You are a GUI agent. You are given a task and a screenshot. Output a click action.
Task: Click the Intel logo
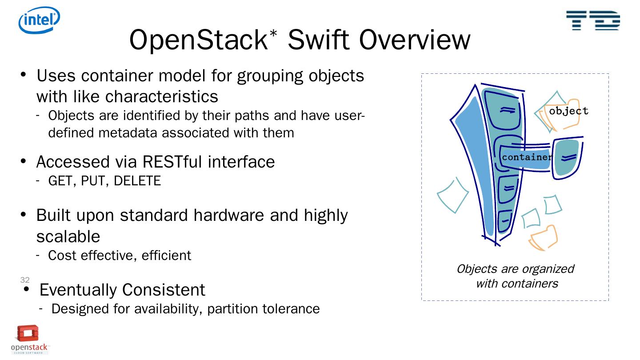(39, 20)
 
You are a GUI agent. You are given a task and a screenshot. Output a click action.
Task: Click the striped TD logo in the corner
(593, 20)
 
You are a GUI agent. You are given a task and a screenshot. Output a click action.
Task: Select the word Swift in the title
(320, 40)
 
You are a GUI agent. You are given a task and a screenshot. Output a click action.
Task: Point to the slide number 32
(25, 280)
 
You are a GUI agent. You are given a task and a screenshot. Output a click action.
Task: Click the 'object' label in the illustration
(568, 111)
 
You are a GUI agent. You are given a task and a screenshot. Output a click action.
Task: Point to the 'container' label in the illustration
(527, 157)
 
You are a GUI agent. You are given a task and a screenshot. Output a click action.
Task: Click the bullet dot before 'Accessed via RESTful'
(24, 161)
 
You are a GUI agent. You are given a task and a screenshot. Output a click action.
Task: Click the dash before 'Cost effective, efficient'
(39, 255)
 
